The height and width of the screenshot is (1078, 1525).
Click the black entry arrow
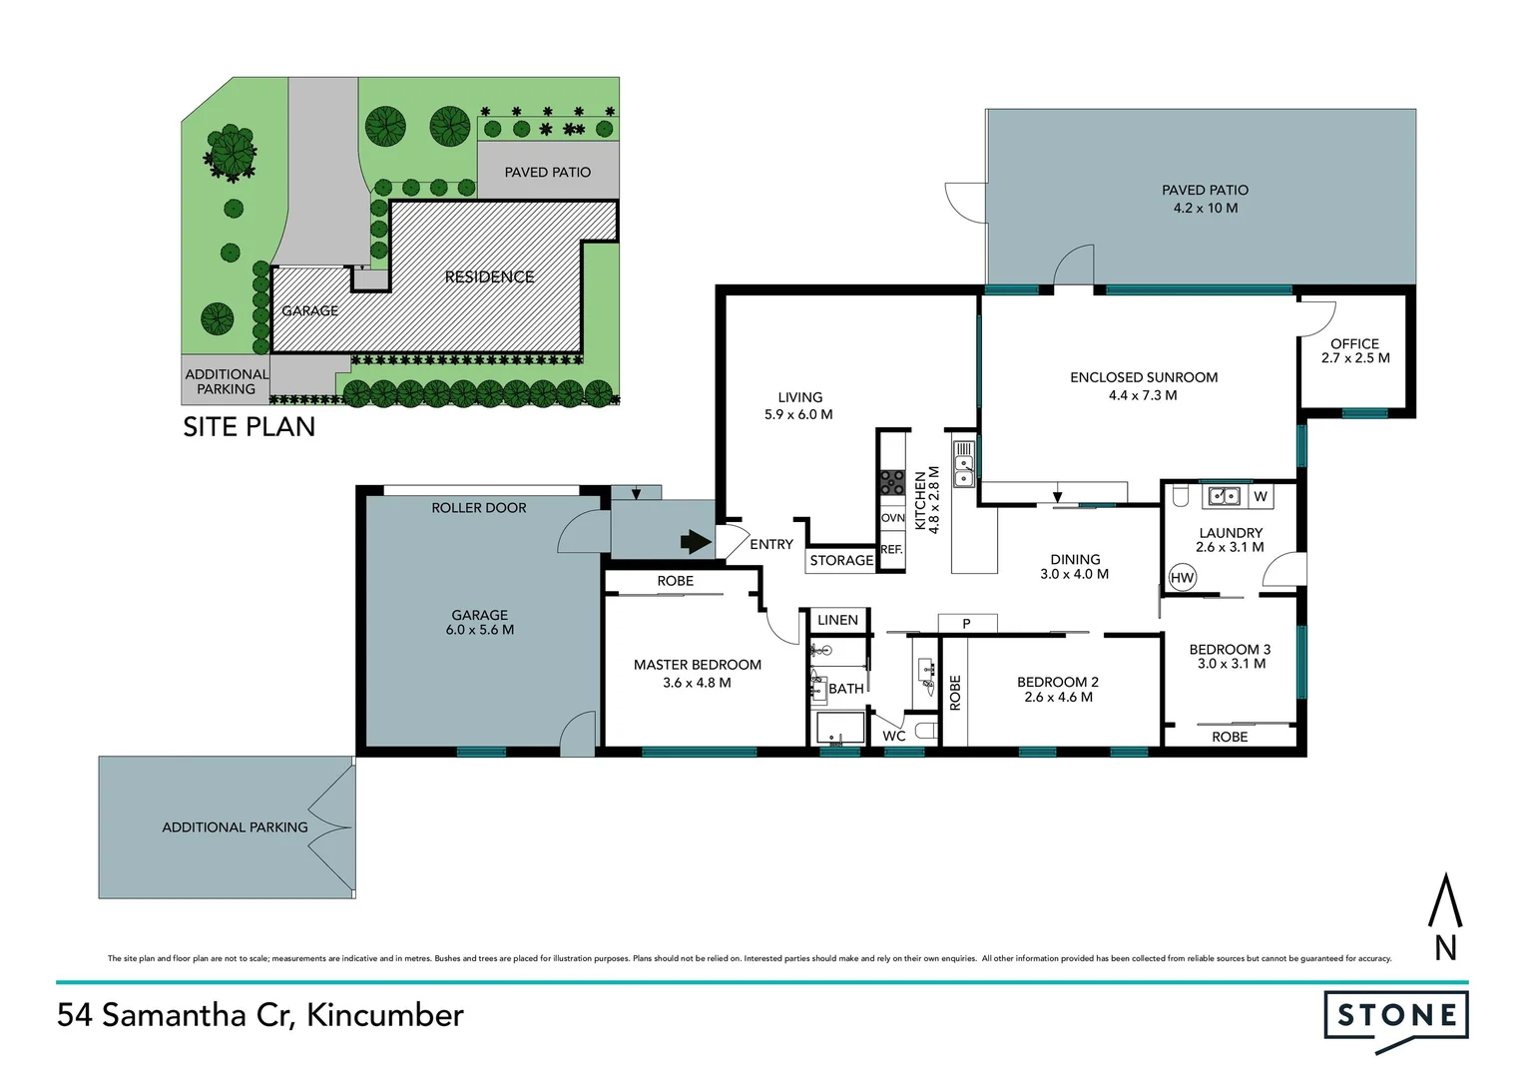pos(695,542)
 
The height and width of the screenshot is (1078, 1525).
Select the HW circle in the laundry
pos(1183,578)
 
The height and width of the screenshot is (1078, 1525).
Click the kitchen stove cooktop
pos(892,482)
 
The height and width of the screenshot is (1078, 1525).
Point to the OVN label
pos(892,518)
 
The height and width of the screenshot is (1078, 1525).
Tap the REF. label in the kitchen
pos(891,549)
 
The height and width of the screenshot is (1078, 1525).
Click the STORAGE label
pos(841,560)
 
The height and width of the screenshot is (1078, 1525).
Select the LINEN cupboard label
pos(837,620)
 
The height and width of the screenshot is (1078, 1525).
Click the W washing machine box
pos(1261,496)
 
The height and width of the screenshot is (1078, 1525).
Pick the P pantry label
pos(966,623)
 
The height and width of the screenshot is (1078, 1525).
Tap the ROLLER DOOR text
pos(479,507)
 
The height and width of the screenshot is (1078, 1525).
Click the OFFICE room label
pos(1354,344)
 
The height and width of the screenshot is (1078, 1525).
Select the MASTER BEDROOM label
pos(698,665)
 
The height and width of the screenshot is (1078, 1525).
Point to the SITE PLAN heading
pos(250,427)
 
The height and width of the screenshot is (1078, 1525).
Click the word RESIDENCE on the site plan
pos(489,277)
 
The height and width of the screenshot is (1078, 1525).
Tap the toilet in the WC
pos(926,732)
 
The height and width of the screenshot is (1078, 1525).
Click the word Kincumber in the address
pos(385,1015)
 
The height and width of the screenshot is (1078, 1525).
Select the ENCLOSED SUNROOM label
pos(1144,377)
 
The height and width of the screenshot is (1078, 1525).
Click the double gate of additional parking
pos(332,827)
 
